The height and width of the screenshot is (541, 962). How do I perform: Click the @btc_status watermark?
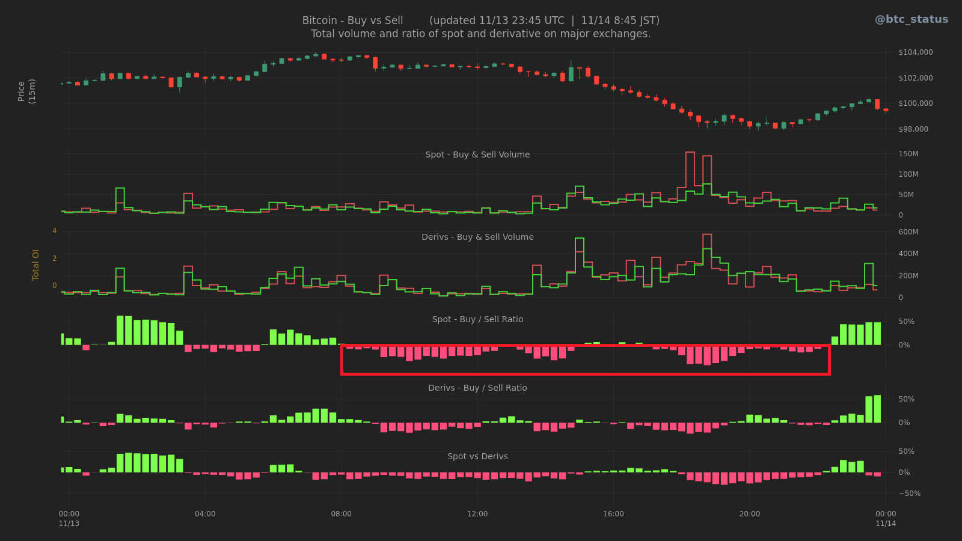coord(911,19)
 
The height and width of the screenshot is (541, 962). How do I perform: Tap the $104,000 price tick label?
coord(915,52)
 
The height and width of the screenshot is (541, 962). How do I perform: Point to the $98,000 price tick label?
coord(913,129)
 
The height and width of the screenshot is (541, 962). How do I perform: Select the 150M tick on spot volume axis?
coord(908,154)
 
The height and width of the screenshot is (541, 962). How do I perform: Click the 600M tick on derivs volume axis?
coord(908,232)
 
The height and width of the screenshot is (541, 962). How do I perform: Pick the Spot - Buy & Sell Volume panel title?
coord(477,154)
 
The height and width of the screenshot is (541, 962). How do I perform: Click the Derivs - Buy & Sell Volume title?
coord(477,237)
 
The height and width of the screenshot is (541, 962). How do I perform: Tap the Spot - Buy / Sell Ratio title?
coord(477,319)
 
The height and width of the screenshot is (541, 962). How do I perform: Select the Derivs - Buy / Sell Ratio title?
coord(477,388)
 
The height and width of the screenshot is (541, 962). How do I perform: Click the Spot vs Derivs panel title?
coord(477,456)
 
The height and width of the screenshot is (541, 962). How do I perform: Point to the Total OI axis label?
coord(35,265)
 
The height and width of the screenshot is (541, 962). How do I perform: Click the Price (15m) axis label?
coord(26,91)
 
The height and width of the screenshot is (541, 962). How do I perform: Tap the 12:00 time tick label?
coord(477,514)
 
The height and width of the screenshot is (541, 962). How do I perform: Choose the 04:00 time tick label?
coord(205,514)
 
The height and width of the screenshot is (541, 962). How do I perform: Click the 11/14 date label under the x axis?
coord(886,524)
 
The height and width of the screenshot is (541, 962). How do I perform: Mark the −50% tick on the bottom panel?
coord(908,494)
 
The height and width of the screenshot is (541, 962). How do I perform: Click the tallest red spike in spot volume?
coord(690,180)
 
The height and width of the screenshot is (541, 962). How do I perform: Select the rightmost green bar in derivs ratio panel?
coord(877,409)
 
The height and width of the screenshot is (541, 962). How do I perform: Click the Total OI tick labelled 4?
coord(54,231)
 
